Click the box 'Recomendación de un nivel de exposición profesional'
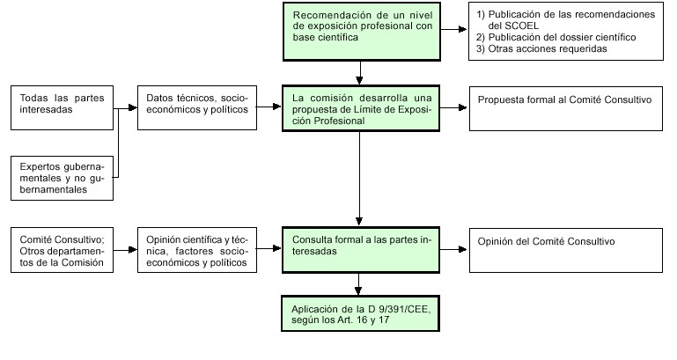(362, 32)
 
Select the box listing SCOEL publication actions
(566, 31)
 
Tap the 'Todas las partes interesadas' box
(63, 108)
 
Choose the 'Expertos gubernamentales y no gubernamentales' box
(63, 179)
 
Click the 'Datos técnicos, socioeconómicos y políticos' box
(197, 108)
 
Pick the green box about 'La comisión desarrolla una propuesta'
(361, 108)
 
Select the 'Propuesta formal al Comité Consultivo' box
(566, 108)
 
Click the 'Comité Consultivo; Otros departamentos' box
(63, 250)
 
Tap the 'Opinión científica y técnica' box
(197, 250)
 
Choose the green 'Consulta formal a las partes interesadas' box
(361, 250)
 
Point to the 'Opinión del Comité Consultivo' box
(566, 250)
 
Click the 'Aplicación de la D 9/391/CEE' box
(361, 314)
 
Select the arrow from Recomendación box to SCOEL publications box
(453, 29)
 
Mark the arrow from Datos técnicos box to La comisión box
(269, 107)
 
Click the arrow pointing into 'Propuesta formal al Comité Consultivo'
(453, 107)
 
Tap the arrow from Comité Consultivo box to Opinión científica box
(125, 249)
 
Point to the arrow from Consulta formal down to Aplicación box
(358, 284)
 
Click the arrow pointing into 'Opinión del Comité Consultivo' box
(453, 249)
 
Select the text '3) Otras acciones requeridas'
(541, 48)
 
